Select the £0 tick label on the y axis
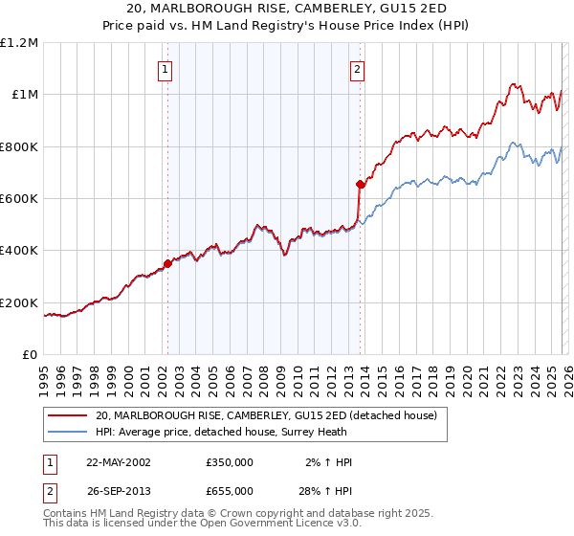point(29,355)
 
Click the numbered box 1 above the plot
point(166,69)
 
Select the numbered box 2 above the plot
point(357,69)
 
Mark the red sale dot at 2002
point(168,263)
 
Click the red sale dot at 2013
point(361,184)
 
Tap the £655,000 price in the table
point(230,490)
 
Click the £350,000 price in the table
point(230,462)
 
